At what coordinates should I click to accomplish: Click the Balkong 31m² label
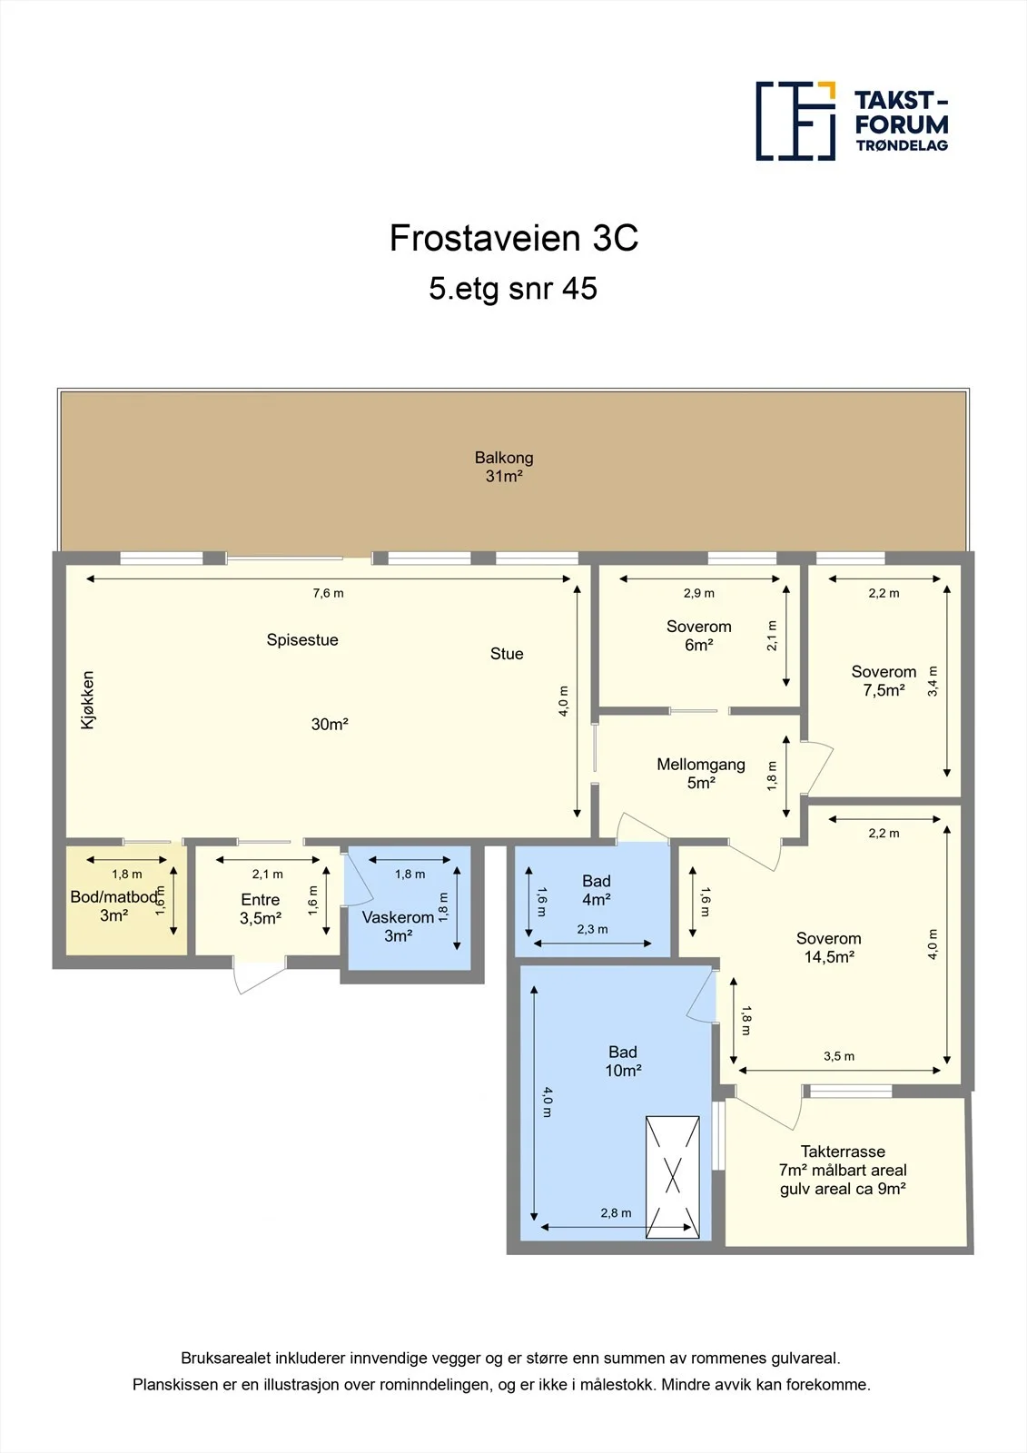504,467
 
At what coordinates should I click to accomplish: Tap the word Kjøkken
87,700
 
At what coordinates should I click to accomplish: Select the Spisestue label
302,639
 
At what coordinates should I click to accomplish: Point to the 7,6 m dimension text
329,593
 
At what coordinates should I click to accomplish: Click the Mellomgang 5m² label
701,773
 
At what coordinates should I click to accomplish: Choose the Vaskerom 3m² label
398,926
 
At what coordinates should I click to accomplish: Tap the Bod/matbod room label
114,906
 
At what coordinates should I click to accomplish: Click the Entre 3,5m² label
261,909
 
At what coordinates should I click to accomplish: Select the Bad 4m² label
597,890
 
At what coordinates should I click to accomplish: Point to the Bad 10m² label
623,1062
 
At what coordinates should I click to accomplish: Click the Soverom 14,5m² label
828,947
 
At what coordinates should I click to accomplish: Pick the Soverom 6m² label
698,636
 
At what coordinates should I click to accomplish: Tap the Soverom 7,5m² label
884,680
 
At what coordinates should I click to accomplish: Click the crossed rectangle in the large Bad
673,1177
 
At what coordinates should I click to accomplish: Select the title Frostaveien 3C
514,238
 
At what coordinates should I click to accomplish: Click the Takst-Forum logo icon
795,122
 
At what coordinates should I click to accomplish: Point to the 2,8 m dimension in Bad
616,1213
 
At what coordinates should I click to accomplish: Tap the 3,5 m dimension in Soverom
839,1056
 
